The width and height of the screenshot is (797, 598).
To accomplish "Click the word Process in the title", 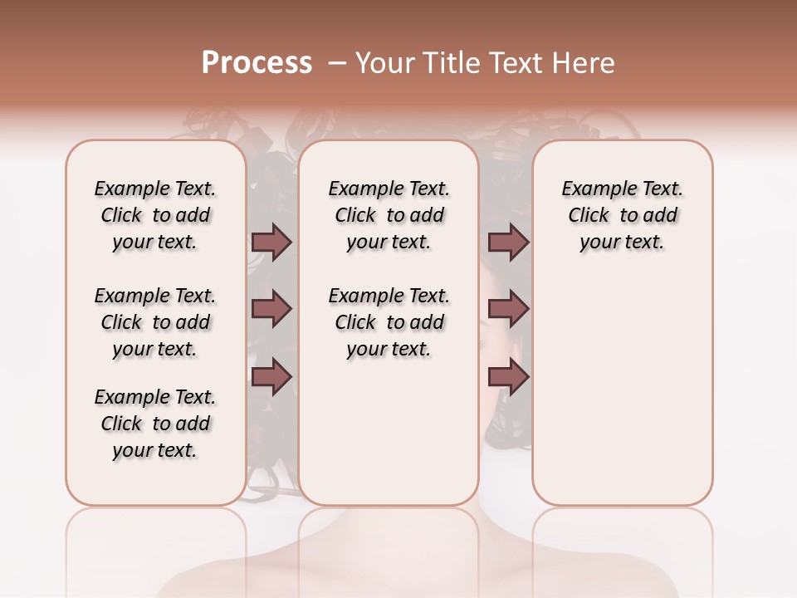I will [x=257, y=63].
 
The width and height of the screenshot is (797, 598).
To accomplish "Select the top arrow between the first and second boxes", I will [x=271, y=243].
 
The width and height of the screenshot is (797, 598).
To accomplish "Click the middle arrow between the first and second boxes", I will [x=271, y=310].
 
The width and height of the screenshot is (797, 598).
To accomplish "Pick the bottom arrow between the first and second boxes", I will [x=271, y=377].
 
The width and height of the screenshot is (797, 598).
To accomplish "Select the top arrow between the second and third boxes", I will [x=508, y=243].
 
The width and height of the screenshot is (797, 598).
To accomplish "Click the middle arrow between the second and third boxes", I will [x=508, y=310].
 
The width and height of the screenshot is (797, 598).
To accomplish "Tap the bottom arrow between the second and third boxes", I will [x=508, y=377].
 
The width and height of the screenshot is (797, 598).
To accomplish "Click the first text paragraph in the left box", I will [x=155, y=215].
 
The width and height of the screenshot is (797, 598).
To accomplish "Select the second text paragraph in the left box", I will [x=155, y=322].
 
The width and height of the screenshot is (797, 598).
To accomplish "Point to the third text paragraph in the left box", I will [x=155, y=424].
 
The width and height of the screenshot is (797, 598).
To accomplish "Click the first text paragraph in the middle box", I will [x=389, y=215].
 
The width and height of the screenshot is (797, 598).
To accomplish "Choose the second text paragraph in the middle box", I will [x=389, y=322].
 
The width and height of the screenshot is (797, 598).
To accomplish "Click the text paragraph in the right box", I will [x=623, y=215].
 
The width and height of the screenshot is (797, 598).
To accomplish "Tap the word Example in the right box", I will [x=594, y=189].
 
